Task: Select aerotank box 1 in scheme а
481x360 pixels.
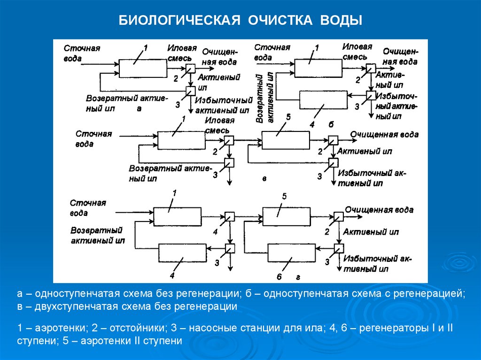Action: (x=142, y=69)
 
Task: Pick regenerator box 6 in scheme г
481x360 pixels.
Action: (x=291, y=254)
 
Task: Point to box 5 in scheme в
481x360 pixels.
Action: (x=286, y=139)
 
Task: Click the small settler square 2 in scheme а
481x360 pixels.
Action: (x=190, y=69)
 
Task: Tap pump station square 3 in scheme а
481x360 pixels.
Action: (x=191, y=90)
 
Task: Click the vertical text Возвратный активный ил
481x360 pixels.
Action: (x=264, y=97)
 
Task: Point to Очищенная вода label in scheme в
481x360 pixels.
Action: (x=384, y=135)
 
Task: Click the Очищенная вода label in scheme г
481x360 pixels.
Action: (x=379, y=210)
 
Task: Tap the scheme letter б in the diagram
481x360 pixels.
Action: (x=331, y=124)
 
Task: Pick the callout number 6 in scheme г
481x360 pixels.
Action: (x=279, y=277)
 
